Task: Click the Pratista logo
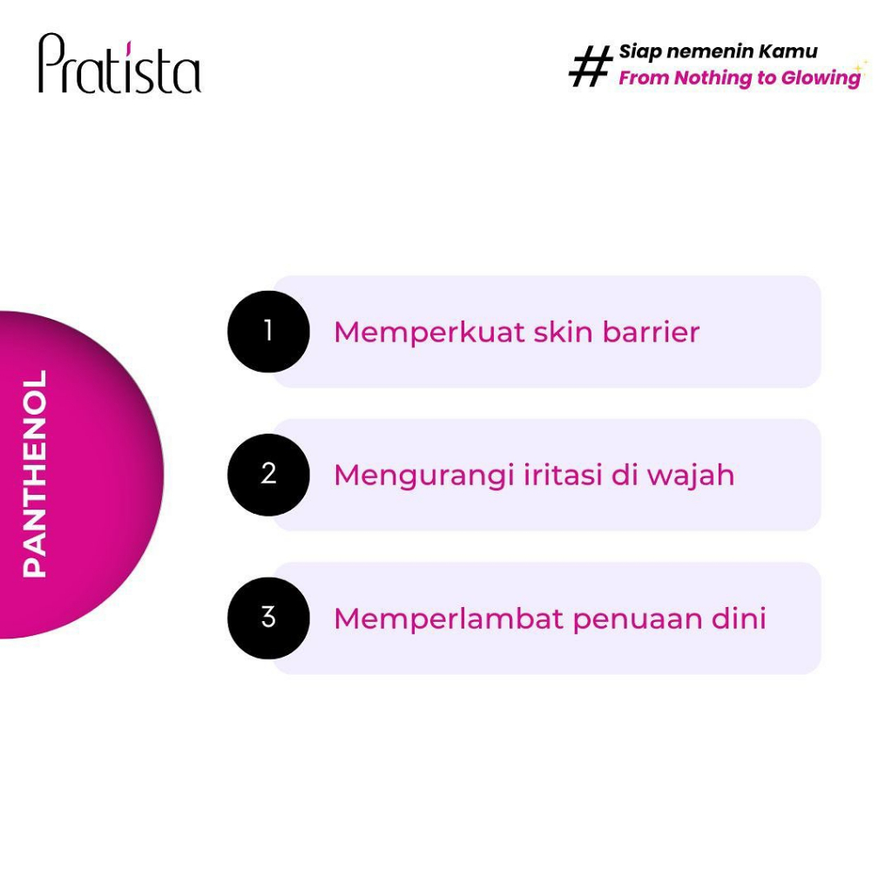pos(119,63)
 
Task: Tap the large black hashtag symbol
pos(591,66)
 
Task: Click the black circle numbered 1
pos(268,332)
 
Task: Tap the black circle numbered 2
pos(268,475)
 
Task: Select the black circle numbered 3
pos(268,618)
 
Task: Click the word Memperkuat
pos(429,334)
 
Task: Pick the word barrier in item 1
pos(651,332)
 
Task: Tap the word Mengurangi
pos(424,476)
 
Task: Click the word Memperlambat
pos(449,619)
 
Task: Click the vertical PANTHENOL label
pos(35,473)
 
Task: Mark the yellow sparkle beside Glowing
pos(861,68)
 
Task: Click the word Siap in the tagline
pos(640,52)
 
